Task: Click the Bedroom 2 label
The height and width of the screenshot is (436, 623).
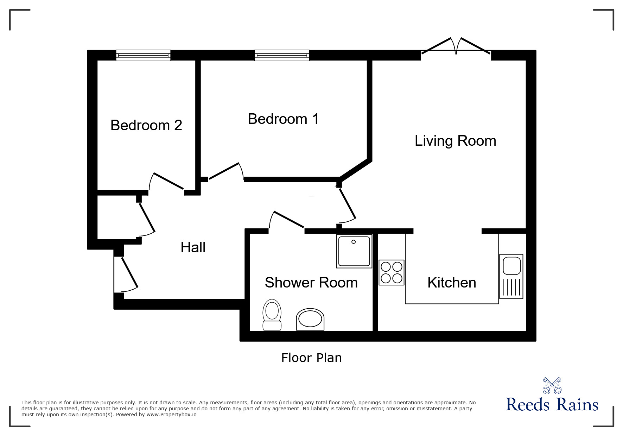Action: coord(146,125)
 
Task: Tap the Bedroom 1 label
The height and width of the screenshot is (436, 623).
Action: coord(283,119)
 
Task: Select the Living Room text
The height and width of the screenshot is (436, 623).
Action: coord(455,141)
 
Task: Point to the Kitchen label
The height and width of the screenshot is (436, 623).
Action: coord(452,283)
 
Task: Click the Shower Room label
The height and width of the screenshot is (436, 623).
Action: coord(311,283)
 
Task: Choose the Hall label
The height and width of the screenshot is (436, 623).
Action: coord(193,247)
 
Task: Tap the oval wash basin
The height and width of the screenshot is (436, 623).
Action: coord(310,320)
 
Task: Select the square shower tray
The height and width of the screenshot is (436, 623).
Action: coord(354,251)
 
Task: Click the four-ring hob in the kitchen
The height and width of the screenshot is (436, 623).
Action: coord(391,272)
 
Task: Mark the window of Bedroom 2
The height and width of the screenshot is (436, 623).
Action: coord(143,55)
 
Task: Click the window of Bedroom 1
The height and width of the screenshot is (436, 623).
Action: coord(282,55)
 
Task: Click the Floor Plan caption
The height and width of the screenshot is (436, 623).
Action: coord(311,358)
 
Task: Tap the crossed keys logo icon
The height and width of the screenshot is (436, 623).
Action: coord(552,385)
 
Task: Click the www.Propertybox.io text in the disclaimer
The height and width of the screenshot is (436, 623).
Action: coord(172,415)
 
